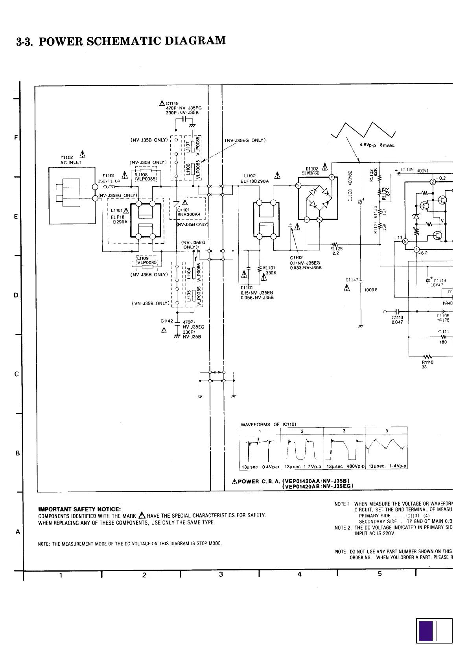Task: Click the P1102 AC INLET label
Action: [71, 160]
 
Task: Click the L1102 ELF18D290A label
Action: [256, 178]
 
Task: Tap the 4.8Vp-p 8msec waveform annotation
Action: [377, 145]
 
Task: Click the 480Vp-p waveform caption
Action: [344, 467]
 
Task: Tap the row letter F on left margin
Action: [16, 138]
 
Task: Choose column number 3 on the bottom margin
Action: [221, 574]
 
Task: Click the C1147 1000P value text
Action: [370, 290]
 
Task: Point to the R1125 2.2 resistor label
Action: [336, 251]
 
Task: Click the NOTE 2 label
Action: [343, 528]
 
